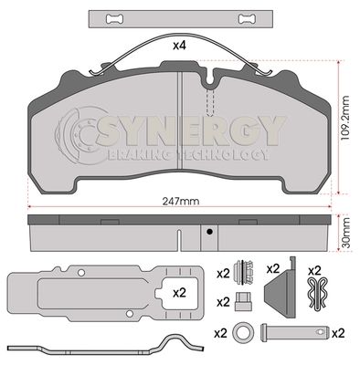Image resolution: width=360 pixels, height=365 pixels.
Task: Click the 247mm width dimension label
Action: click(x=180, y=201)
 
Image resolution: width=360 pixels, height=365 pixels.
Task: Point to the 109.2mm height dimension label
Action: click(x=345, y=118)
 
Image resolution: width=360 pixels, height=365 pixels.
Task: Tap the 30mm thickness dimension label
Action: click(x=345, y=233)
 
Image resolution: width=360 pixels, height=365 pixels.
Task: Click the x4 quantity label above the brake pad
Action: click(x=180, y=46)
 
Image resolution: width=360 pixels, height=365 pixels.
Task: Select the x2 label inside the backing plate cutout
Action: click(x=179, y=293)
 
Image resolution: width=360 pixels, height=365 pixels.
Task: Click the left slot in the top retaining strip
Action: click(x=115, y=19)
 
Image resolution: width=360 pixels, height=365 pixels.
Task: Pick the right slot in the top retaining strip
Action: click(x=247, y=19)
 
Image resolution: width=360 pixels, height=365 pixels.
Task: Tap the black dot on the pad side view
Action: click(x=209, y=232)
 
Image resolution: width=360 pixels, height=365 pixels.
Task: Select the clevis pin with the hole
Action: click(x=294, y=332)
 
